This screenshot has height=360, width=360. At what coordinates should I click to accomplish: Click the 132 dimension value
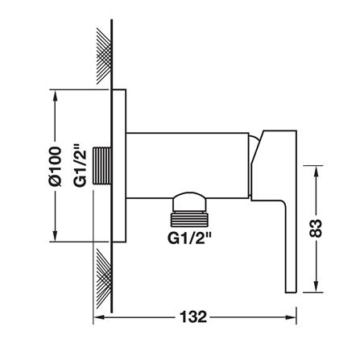(x=193, y=317)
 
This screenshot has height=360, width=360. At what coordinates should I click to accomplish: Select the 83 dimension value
(x=316, y=229)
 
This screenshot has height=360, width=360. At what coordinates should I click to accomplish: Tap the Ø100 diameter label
(x=56, y=166)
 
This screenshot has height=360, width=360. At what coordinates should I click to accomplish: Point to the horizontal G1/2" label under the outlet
(x=190, y=238)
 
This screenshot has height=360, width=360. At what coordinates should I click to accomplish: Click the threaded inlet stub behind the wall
(x=101, y=166)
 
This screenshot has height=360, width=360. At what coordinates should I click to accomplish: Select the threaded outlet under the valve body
(x=189, y=217)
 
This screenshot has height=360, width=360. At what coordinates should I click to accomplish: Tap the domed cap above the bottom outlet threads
(x=189, y=201)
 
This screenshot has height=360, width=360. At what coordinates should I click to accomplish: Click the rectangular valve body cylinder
(x=187, y=165)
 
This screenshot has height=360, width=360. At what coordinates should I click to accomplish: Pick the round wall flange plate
(x=119, y=166)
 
